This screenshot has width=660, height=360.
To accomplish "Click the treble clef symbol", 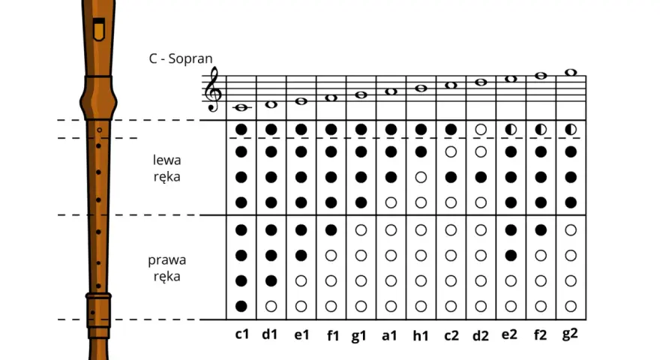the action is (213, 89).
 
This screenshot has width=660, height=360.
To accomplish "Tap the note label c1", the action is (242, 334).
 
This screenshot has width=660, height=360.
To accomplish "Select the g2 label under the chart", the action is (570, 334).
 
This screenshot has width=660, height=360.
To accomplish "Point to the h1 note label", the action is (421, 335).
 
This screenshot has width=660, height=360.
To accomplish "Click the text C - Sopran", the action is (181, 58).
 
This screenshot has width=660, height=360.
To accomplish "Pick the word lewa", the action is (167, 160).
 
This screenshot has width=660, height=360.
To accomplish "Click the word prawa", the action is (166, 260).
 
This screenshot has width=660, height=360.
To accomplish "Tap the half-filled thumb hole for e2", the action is (511, 130).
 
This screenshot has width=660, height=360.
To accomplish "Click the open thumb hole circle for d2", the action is (481, 130).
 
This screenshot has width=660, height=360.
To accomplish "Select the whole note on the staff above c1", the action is (241, 108).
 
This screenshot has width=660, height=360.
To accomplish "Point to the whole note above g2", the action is (571, 73).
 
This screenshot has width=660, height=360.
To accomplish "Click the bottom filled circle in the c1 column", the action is (241, 306).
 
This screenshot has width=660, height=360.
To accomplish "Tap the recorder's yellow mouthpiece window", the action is (99, 30).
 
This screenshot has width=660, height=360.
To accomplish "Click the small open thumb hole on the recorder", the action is (99, 130).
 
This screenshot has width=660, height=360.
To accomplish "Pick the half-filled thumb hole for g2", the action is (571, 130).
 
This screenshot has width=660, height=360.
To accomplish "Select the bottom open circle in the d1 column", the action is (271, 306).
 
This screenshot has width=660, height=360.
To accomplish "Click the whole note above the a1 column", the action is (391, 91).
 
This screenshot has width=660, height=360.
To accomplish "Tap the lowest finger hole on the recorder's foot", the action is (92, 313).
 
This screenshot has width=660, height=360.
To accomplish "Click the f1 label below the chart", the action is (333, 335).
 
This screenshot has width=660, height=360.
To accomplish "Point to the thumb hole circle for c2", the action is (451, 130).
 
